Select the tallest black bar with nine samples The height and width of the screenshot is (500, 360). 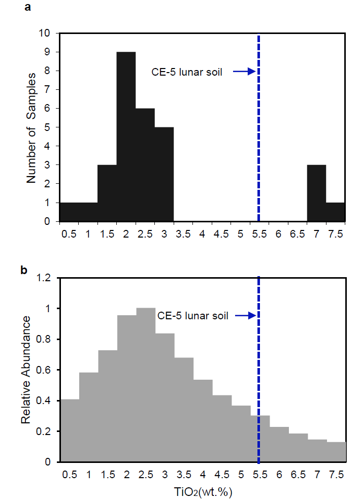pyautogui.click(x=126, y=137)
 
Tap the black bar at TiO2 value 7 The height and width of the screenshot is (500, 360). pyautogui.click(x=316, y=193)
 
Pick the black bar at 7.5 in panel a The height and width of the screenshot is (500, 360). pyautogui.click(x=336, y=212)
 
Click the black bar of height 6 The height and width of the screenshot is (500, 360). pyautogui.click(x=145, y=165)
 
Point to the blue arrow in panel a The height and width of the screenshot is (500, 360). pyautogui.click(x=244, y=72)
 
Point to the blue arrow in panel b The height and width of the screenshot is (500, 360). pyautogui.click(x=244, y=316)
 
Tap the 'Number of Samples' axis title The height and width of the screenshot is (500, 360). pyautogui.click(x=31, y=127)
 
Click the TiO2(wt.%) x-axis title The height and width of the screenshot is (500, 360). pyautogui.click(x=202, y=491)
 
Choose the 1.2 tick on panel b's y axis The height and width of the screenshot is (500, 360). pyautogui.click(x=47, y=278)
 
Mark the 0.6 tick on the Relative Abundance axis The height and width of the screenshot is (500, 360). pyautogui.click(x=47, y=370)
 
